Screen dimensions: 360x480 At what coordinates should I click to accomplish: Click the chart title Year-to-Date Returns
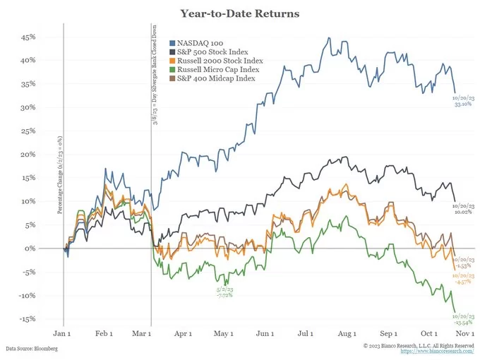(240, 13)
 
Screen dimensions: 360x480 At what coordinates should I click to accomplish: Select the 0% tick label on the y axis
(30, 248)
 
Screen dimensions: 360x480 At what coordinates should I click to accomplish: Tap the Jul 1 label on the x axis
(307, 332)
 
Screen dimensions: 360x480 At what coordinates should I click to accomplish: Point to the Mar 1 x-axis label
(143, 332)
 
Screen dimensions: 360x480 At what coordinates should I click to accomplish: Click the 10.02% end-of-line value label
(463, 210)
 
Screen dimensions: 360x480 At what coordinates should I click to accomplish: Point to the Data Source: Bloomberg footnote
(31, 349)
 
